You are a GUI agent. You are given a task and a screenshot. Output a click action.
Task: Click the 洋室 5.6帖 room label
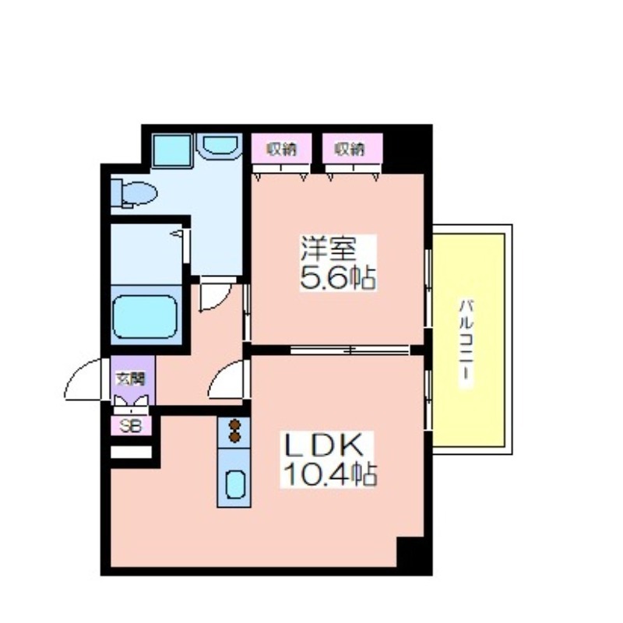337,263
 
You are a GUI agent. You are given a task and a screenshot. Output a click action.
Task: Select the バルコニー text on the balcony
466,343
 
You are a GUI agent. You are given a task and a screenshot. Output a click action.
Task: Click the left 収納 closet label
281,149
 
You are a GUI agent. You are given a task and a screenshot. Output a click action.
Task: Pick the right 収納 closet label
349,149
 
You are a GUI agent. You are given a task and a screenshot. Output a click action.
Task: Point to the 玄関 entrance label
130,378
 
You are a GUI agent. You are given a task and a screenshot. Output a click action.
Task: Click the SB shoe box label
130,426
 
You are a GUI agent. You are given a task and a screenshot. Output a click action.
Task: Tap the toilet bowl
134,193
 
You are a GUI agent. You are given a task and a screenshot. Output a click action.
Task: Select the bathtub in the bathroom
145,317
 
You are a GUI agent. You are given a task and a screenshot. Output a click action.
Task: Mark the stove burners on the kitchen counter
235,431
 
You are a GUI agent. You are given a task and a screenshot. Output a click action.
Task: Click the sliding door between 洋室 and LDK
350,350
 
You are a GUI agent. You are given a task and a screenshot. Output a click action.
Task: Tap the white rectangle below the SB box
131,452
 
